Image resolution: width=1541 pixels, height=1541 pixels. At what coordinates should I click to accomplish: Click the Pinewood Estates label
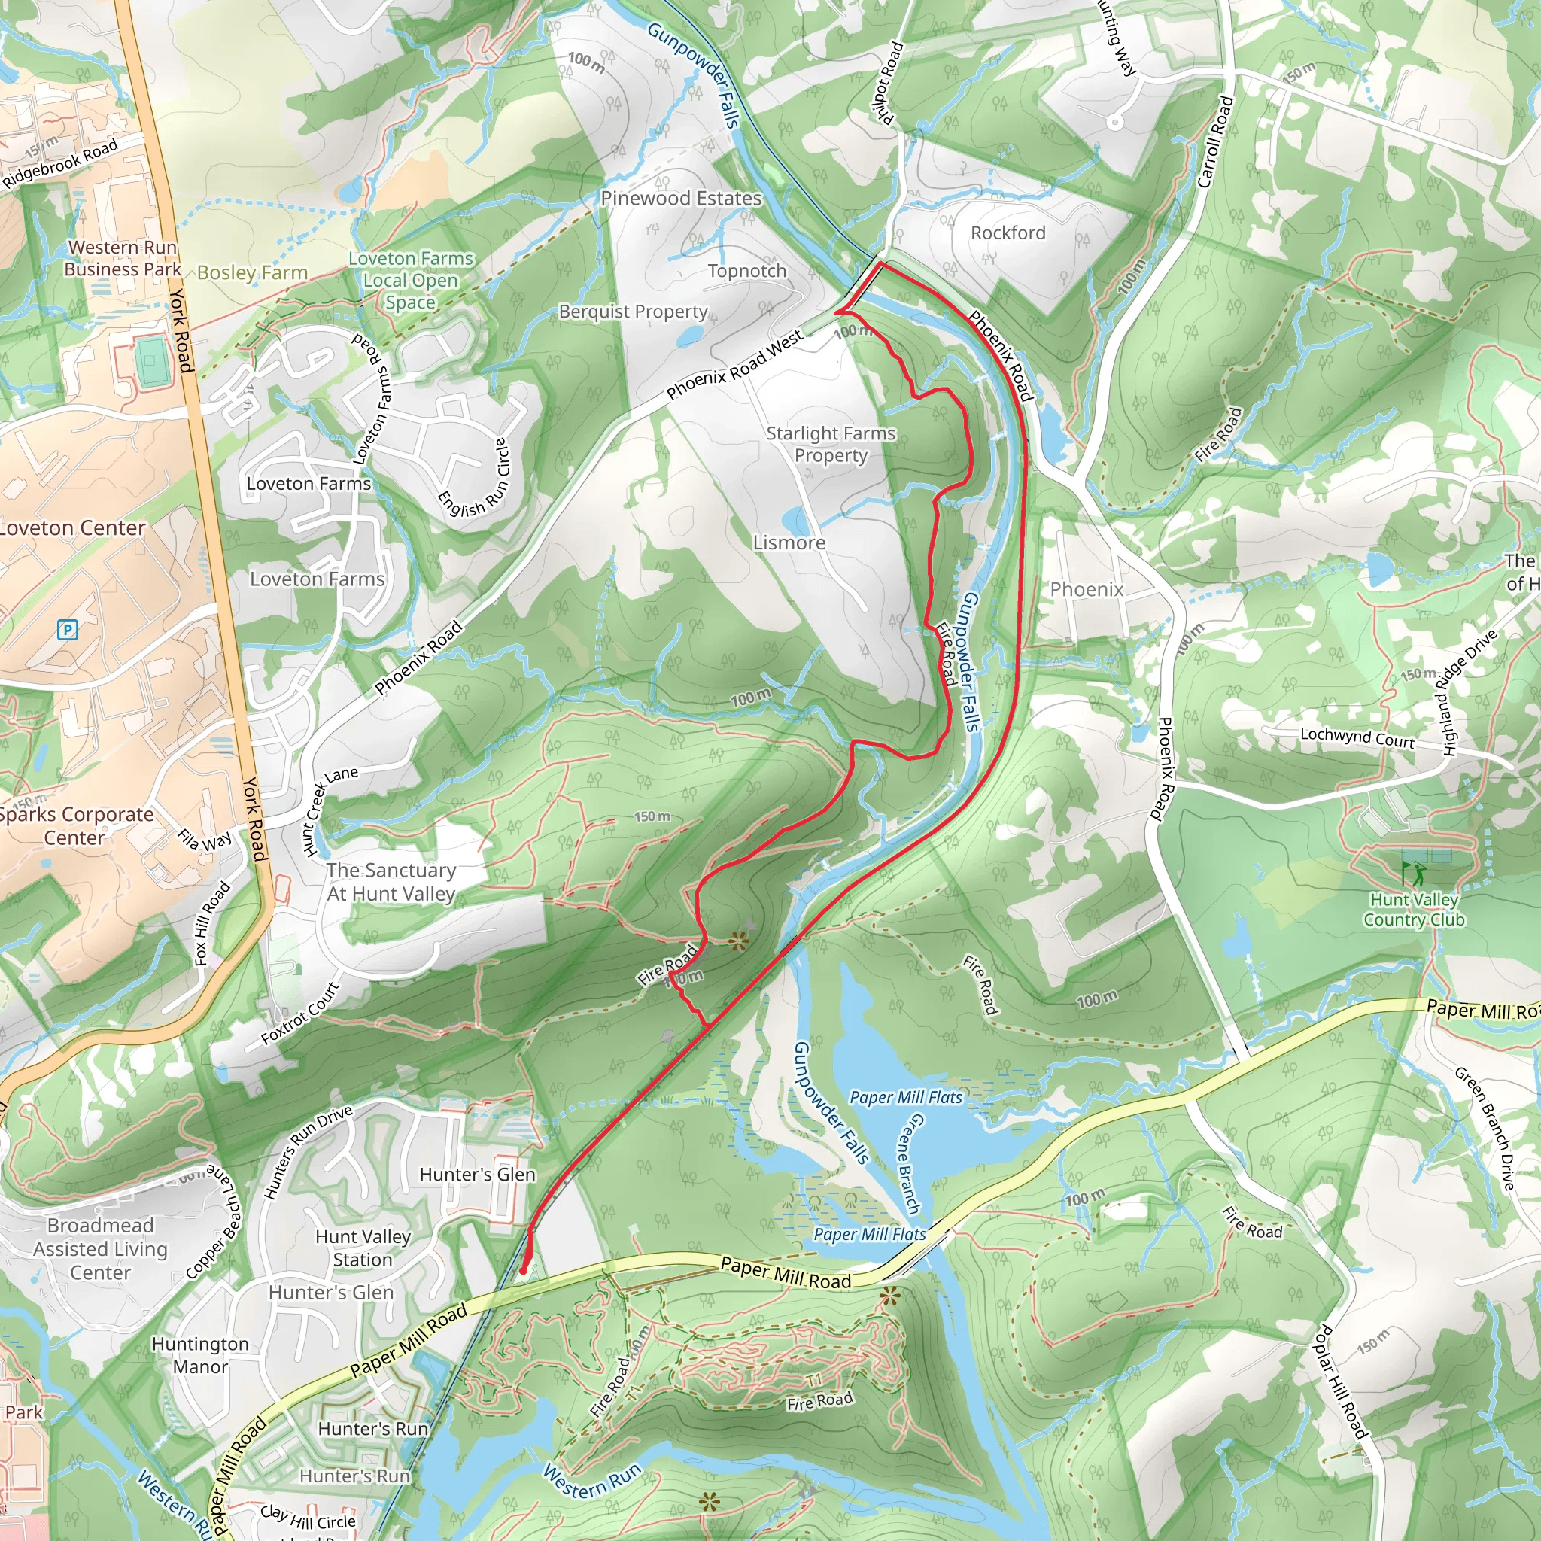pos(680,199)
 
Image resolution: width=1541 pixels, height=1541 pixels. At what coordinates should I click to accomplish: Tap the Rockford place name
pos(1008,233)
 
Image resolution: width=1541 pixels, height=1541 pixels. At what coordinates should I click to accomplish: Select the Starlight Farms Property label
pos(831,444)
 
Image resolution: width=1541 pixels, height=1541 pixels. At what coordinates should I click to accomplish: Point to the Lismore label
pos(789,543)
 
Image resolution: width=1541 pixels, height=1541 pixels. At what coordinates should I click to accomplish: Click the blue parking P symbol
pos(68,630)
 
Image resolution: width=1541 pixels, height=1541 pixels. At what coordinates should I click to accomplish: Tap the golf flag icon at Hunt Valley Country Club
pos(1412,874)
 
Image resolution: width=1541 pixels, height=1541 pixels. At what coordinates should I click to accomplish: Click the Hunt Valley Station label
pos(363,1248)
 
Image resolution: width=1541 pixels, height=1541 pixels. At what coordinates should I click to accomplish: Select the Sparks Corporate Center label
pos(76,825)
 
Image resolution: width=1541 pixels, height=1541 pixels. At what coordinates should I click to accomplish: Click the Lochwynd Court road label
pos(1357,738)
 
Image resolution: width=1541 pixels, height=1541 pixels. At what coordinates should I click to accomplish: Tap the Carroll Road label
pos(1216,141)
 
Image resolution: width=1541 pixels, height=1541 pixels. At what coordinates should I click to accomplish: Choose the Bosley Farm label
pos(252,273)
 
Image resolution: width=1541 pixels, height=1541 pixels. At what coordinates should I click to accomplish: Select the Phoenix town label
pos(1086,589)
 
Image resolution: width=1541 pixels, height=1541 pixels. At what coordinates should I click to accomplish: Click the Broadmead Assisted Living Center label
pos(100,1248)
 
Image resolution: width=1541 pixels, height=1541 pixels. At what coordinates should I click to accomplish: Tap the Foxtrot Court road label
pos(300,1014)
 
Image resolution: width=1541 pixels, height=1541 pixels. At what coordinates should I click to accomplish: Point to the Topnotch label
pos(746,271)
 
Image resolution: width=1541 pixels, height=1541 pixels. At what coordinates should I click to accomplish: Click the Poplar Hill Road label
pos(1339,1381)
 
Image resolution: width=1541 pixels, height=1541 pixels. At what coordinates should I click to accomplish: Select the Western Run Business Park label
pos(122,258)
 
